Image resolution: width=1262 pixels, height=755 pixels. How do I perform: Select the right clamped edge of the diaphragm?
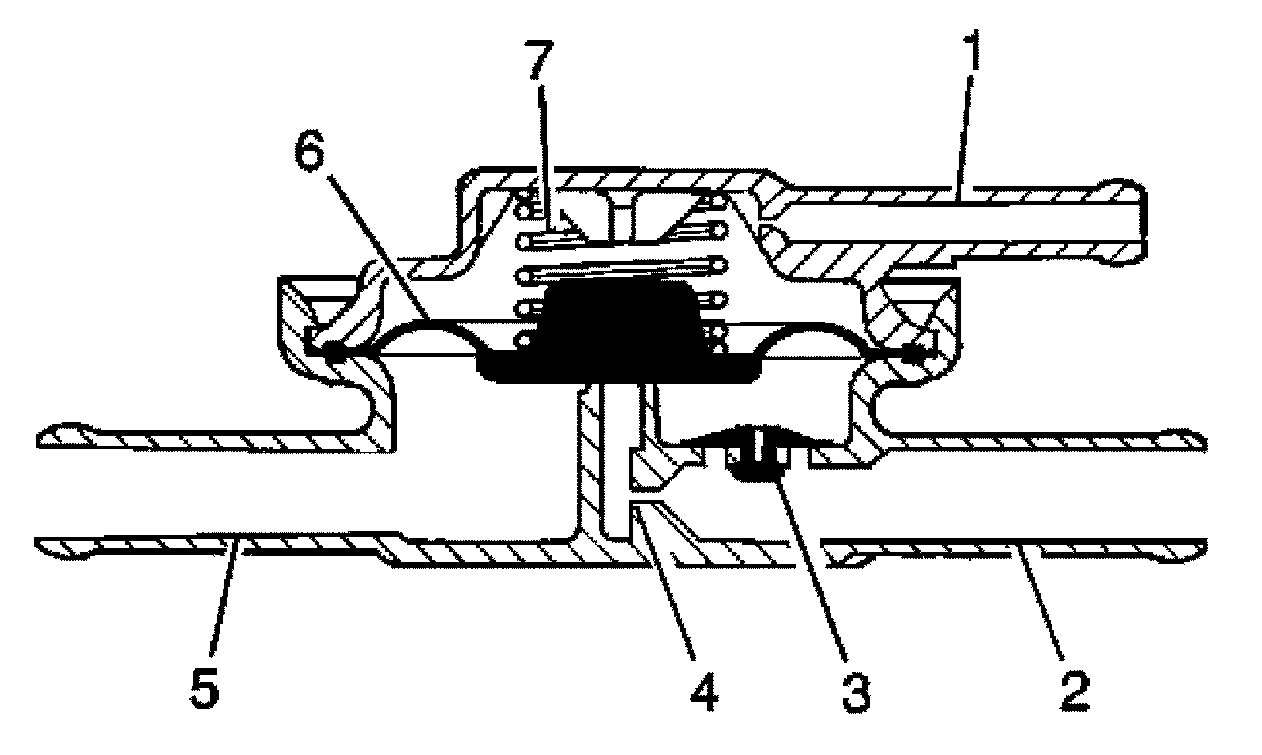[x=920, y=352]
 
